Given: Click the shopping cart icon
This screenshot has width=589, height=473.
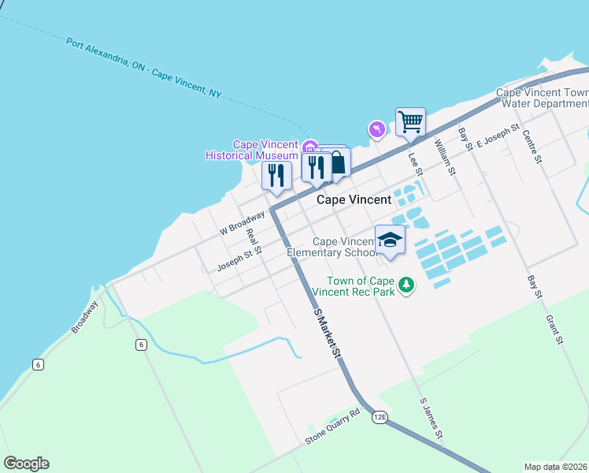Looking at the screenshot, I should click(410, 122).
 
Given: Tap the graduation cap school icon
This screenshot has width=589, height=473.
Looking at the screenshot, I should click(390, 239).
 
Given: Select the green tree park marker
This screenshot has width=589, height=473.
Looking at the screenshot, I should click(406, 285).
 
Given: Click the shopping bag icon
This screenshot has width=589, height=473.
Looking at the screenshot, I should click(338, 162).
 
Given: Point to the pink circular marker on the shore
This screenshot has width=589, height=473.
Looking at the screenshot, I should click(376, 128).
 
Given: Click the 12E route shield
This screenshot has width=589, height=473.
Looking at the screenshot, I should click(380, 416).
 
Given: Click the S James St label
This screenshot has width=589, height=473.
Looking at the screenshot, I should click(432, 418).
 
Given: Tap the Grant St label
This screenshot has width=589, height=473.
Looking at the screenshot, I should click(554, 330).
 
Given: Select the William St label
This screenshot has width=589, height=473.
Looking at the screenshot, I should click(446, 156).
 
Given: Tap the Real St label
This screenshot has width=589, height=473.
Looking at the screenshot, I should click(253, 236).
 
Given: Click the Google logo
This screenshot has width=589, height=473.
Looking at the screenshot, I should click(26, 464).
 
